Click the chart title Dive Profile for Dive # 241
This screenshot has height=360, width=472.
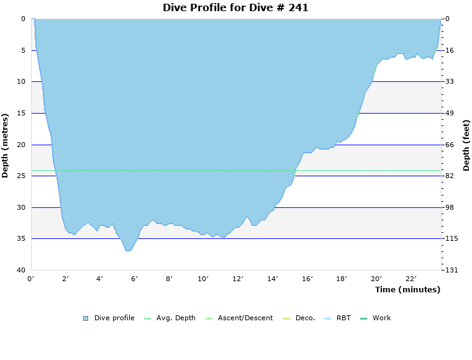235,8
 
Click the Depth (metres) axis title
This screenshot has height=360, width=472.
6,145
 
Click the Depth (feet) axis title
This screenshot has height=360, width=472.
466,145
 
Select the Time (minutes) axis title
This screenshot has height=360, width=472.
407,289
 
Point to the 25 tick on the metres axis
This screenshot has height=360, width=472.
21,176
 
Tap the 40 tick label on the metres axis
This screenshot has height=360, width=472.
21,271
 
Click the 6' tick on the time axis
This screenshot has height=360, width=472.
134,279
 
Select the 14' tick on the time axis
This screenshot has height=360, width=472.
272,279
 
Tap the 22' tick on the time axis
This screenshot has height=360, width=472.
411,279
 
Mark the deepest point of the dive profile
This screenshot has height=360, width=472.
128,251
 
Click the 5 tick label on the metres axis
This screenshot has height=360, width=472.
23,50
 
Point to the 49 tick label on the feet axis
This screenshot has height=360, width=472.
450,114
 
